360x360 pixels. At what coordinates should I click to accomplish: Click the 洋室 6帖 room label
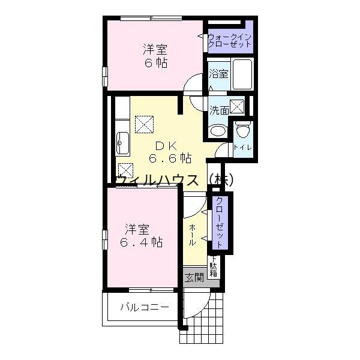[154, 55]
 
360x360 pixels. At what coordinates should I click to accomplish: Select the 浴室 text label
[218, 74]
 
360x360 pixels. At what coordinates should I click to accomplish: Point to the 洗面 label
[219, 110]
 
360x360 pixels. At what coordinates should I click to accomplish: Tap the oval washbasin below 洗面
[218, 130]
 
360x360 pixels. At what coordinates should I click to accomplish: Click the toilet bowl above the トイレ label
[242, 130]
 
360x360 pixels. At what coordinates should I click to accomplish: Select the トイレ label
[242, 147]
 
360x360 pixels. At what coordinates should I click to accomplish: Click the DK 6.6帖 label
[170, 152]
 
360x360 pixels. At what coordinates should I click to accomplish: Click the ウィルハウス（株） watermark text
[174, 179]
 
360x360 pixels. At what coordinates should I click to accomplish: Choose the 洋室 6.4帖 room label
[140, 235]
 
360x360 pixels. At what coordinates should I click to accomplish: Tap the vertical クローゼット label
[220, 223]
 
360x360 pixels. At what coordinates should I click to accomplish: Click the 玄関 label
[194, 277]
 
